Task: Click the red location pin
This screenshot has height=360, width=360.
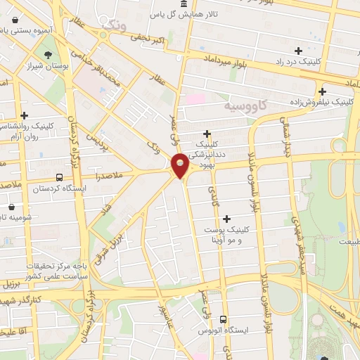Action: click(x=180, y=165)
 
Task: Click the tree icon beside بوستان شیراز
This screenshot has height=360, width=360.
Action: click(x=48, y=56)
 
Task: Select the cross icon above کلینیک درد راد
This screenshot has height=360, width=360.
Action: click(x=299, y=51)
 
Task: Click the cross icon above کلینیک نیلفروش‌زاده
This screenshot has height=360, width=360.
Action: click(x=322, y=91)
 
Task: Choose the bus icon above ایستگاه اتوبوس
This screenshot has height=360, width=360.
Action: click(x=224, y=319)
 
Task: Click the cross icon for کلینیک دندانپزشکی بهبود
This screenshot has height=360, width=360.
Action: click(x=207, y=134)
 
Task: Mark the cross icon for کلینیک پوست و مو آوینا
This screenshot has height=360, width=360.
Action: click(x=226, y=219)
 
